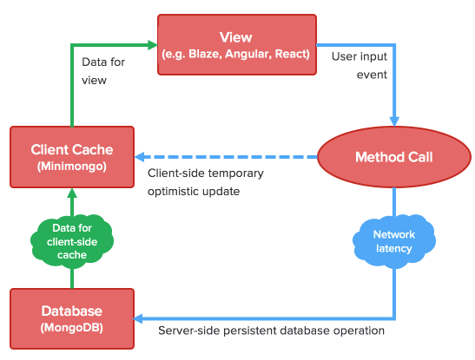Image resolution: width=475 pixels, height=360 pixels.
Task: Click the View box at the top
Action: (x=237, y=44)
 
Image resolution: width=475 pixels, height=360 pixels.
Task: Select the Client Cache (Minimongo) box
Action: (x=72, y=157)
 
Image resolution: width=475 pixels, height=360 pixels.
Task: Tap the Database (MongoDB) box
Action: (x=72, y=319)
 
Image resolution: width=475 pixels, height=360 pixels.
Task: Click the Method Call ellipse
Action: (x=394, y=157)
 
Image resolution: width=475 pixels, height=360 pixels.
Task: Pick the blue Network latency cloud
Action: (x=394, y=241)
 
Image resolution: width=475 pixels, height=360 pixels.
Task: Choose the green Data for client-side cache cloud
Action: (x=72, y=241)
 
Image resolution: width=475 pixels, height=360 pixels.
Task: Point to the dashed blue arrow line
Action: (x=226, y=157)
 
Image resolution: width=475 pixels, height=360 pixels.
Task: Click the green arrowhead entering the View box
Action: (x=152, y=45)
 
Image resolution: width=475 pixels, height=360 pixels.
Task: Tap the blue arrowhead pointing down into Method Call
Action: (x=394, y=121)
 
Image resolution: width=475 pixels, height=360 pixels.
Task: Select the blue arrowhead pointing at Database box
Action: (x=138, y=318)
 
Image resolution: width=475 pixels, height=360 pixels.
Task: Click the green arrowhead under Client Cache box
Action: (x=72, y=193)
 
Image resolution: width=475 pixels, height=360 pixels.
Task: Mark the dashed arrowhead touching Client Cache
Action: (x=139, y=157)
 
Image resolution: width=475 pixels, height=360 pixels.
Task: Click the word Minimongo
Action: (x=72, y=167)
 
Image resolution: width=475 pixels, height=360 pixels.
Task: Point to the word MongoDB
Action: (x=72, y=328)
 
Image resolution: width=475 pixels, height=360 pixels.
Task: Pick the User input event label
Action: (x=360, y=65)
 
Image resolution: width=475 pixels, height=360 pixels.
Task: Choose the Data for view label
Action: (x=103, y=71)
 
